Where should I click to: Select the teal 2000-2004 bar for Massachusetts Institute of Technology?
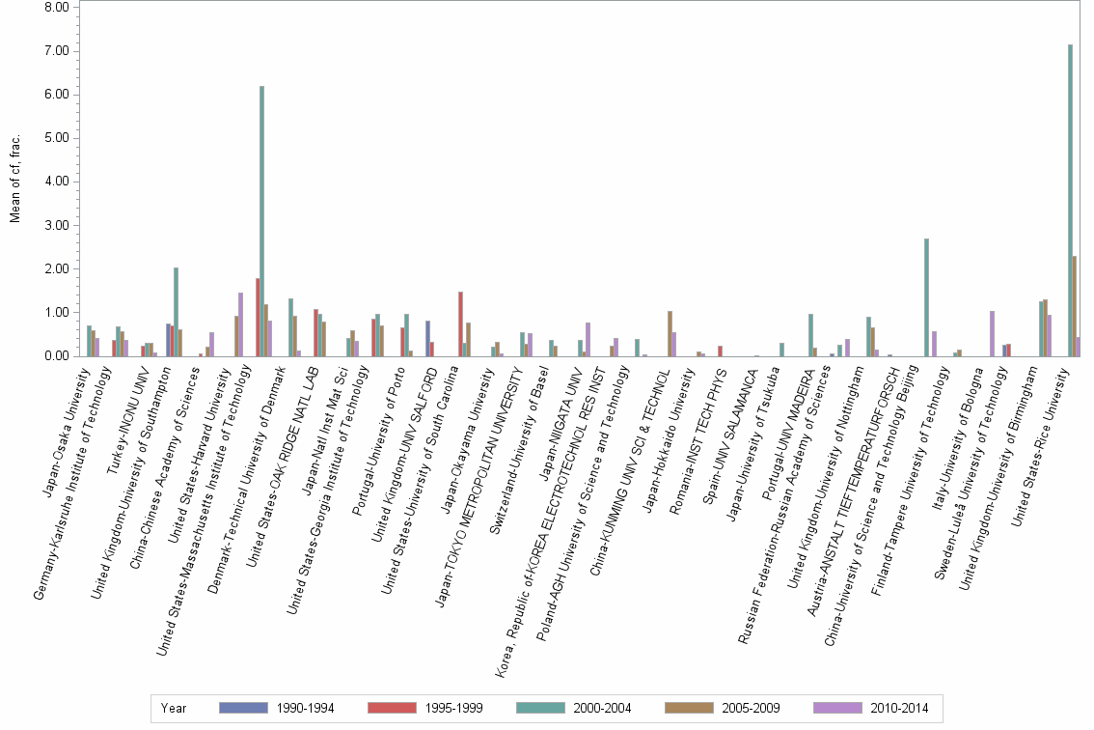click(x=261, y=221)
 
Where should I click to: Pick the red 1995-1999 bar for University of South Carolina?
click(x=461, y=324)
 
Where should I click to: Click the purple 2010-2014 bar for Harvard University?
click(x=240, y=324)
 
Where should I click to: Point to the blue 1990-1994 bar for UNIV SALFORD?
click(x=427, y=339)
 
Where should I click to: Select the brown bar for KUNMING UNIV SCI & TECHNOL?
click(x=670, y=334)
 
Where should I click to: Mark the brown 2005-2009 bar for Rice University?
click(x=1075, y=306)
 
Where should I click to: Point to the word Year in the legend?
click(x=174, y=708)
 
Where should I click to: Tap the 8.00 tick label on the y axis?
click(x=56, y=7)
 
